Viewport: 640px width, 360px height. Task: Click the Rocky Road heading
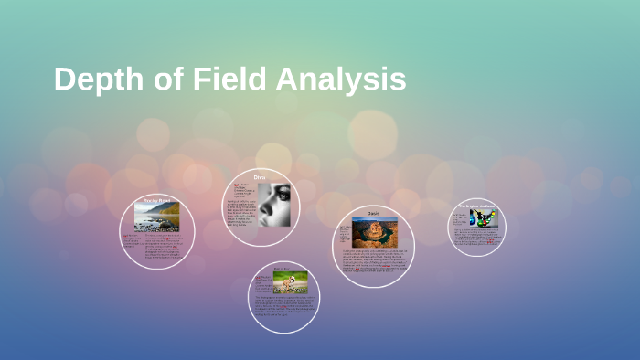(157, 199)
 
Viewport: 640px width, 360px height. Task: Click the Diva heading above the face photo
(260, 176)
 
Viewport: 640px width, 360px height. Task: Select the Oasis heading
(373, 213)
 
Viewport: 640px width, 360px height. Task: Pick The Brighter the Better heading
(478, 206)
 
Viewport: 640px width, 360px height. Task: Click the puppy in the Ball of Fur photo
(292, 281)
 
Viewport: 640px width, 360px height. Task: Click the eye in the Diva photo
(283, 195)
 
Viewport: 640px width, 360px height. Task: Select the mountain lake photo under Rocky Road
(156, 217)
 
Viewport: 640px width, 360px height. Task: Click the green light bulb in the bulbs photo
(490, 216)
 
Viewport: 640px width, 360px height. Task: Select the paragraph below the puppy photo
(284, 307)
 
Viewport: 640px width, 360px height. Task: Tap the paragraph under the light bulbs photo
(477, 237)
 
